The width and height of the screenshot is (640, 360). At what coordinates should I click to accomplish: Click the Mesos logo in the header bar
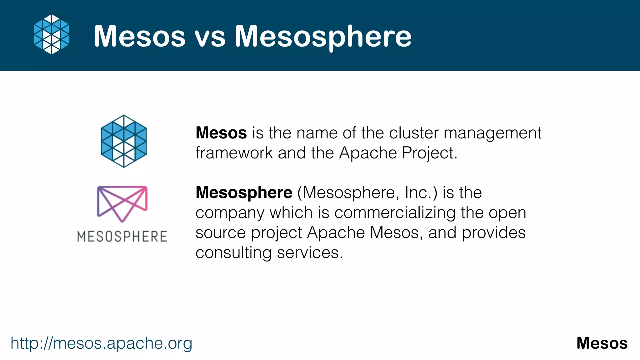[x=52, y=34]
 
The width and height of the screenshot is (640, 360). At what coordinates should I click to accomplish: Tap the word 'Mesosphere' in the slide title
[x=323, y=37]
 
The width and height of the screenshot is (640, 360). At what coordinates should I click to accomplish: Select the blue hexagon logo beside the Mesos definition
[x=124, y=141]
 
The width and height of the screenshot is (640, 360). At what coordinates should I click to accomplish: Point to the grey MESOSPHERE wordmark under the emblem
[x=122, y=237]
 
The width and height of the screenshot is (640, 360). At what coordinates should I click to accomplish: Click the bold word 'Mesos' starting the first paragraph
[x=221, y=133]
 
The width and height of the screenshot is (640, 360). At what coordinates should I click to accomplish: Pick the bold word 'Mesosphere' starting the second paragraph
[x=244, y=192]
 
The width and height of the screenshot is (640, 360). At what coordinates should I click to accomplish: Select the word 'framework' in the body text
[x=234, y=153]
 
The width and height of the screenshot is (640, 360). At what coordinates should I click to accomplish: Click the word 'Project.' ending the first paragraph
[x=430, y=153]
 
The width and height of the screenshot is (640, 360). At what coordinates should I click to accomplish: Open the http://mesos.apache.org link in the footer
[x=101, y=343]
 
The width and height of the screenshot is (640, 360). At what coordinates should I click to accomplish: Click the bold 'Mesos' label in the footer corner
[x=602, y=343]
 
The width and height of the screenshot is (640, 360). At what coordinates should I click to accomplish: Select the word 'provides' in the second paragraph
[x=494, y=233]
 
